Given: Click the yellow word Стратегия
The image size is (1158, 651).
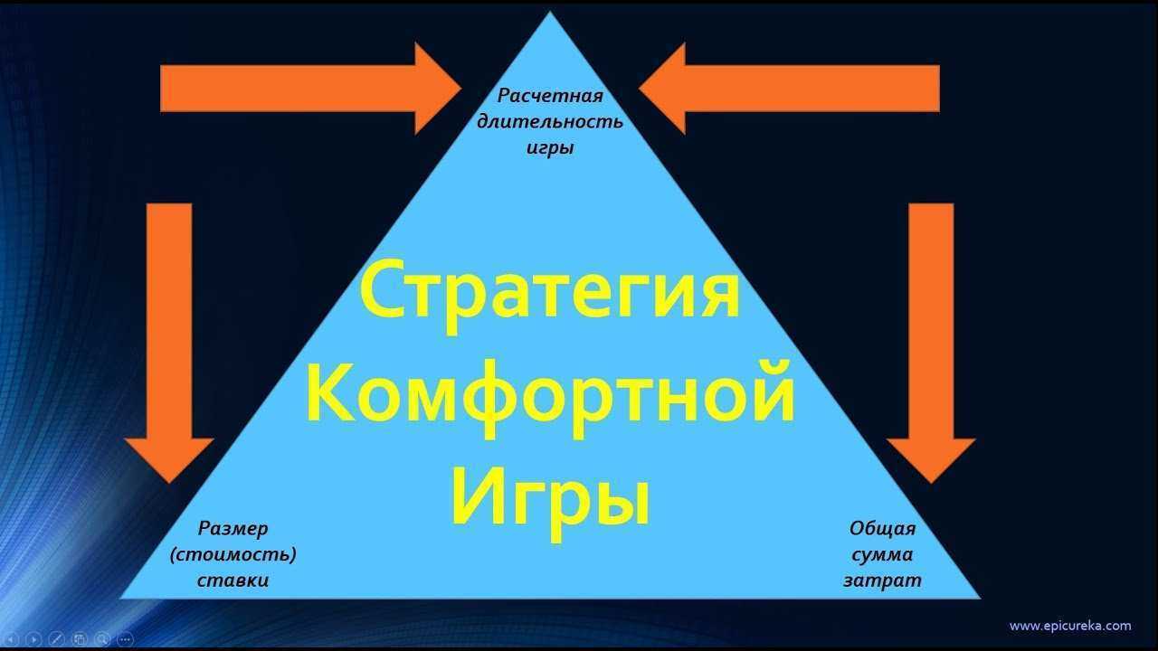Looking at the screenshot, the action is click(550, 296).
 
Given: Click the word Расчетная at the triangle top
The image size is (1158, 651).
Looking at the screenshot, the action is click(550, 96).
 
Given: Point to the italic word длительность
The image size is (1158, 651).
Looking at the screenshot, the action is click(550, 122).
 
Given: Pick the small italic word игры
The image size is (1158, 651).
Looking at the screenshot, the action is click(550, 148).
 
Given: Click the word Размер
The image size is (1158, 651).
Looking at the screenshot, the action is click(233, 529).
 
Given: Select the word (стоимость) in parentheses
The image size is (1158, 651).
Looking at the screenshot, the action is click(233, 554).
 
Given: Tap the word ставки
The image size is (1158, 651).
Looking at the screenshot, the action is click(233, 580).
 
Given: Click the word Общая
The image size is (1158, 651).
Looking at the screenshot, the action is click(882, 529).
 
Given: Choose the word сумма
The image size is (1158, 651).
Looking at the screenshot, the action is click(882, 555).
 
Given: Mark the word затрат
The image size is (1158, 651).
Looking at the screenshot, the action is click(882, 580).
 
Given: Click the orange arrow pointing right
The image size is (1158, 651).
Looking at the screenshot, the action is click(310, 89).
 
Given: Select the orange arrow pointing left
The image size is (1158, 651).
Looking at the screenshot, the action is click(789, 89).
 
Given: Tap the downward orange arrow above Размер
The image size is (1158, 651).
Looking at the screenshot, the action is click(169, 343).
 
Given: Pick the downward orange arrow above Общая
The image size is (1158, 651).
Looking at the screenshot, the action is click(931, 343).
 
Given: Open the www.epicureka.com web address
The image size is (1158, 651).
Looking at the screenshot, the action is click(1070, 627).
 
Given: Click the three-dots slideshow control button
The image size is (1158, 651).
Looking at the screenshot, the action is click(125, 639).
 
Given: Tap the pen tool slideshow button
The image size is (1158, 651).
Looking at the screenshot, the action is click(56, 639).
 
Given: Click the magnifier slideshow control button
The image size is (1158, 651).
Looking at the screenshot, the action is click(102, 639).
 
